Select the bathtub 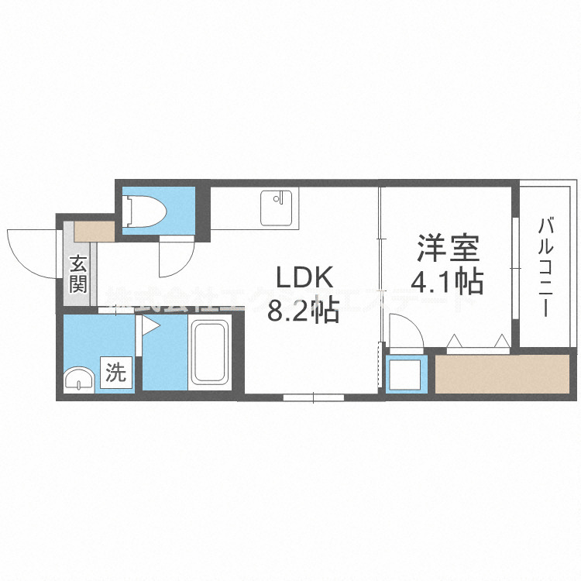click(210, 353)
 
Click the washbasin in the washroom click(77, 380)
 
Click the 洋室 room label click(449, 249)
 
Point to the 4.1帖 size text click(447, 281)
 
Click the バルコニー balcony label click(547, 267)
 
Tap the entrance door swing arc click(31, 252)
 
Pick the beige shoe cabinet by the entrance click(94, 230)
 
